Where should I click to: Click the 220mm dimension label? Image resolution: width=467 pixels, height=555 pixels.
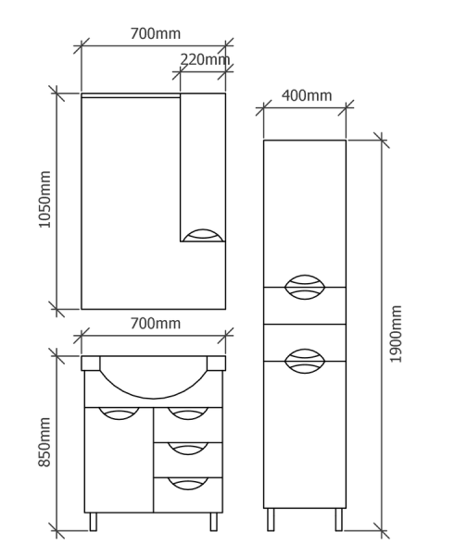click(205, 59)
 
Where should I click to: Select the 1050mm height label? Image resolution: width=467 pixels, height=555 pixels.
click(45, 199)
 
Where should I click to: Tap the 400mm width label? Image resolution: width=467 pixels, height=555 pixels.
click(307, 95)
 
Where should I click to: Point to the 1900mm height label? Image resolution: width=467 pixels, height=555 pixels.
click(396, 334)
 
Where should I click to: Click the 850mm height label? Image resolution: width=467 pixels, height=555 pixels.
click(45, 442)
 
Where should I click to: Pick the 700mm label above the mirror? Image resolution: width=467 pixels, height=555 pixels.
click(156, 33)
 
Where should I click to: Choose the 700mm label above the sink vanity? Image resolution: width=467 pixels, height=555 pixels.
click(156, 324)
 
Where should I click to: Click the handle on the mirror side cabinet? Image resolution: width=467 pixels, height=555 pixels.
click(203, 235)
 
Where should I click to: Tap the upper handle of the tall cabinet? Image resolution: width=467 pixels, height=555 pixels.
click(305, 287)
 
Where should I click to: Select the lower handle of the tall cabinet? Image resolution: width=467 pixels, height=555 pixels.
click(305, 361)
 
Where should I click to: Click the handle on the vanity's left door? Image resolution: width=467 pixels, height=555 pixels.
click(119, 413)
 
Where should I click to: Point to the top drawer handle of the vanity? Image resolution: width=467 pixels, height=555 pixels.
click(188, 413)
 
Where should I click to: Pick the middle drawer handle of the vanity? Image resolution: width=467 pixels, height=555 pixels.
click(188, 449)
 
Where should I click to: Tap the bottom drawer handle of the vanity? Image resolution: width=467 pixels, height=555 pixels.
click(188, 484)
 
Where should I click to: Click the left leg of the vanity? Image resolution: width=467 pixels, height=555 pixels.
click(94, 522)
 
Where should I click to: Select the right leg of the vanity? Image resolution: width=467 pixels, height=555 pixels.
click(213, 522)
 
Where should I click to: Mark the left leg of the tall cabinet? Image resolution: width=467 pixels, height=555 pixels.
click(271, 520)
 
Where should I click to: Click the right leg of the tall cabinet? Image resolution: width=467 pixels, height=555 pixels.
click(339, 520)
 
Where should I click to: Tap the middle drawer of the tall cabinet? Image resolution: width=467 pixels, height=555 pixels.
click(305, 306)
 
